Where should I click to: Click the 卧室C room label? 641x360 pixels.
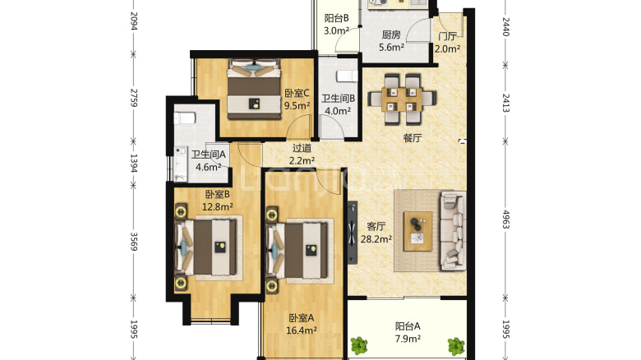297,93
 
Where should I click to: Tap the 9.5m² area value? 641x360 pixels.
297,106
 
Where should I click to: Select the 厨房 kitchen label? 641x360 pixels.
391,35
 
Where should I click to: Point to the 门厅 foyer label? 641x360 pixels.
447,36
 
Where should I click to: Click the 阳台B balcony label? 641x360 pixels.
336,18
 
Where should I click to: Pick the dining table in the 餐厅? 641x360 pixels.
402,99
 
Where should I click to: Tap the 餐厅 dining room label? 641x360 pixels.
412,138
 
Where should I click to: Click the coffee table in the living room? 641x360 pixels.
417,231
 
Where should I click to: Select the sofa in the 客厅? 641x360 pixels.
453,231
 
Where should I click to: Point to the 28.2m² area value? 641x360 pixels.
376,239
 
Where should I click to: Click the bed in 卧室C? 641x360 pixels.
254,90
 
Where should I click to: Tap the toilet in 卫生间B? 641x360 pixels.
347,76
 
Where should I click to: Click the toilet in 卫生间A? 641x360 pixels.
184,118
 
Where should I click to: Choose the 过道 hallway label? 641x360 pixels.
302,148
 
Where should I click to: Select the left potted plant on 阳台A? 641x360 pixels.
359,345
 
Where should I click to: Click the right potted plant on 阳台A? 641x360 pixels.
456,346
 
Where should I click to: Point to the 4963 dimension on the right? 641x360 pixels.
506,219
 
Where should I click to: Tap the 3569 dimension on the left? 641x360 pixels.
133,242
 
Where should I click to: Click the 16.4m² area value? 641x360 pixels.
302,330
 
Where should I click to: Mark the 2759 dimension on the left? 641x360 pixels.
133,97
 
